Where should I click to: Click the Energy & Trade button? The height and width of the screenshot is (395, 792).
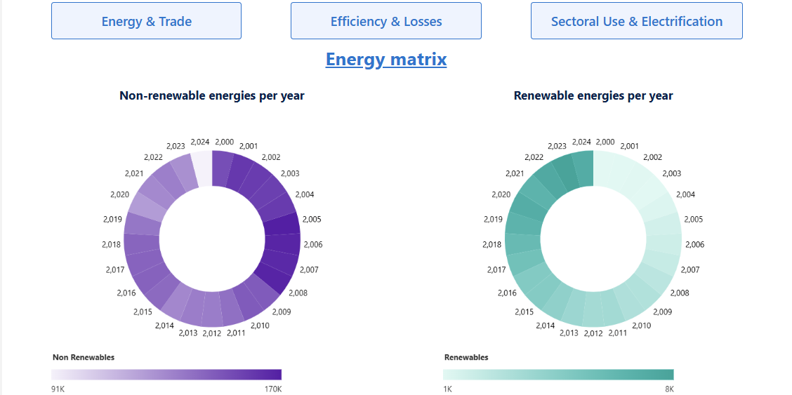pos(146,21)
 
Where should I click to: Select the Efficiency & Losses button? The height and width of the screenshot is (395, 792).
pos(386,21)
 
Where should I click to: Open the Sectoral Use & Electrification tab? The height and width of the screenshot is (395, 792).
pos(636,21)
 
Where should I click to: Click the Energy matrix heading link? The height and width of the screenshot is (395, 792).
pos(386,59)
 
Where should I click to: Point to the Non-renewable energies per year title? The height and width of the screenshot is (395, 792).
pos(212,95)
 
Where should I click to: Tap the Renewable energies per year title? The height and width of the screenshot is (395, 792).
pos(593,95)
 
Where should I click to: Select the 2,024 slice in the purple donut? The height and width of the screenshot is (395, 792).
pos(202,168)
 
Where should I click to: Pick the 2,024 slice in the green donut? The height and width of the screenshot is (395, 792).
pos(583,168)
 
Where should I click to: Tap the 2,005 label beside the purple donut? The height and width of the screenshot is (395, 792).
pos(312,220)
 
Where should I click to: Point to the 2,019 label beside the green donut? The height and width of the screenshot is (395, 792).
pos(494,220)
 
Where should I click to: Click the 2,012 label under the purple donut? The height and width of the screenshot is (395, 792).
pos(212,333)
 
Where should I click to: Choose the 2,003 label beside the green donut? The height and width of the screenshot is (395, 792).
pos(672,174)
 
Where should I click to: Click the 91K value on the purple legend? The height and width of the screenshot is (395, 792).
pos(58,389)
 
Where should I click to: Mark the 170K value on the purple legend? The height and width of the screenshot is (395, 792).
pos(272,389)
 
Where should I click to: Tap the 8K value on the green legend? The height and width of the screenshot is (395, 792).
pos(668,389)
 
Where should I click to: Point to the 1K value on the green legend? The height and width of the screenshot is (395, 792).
pos(447,389)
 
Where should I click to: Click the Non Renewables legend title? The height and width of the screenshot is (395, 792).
pos(84,358)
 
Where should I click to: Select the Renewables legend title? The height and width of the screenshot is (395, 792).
pos(466,358)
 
